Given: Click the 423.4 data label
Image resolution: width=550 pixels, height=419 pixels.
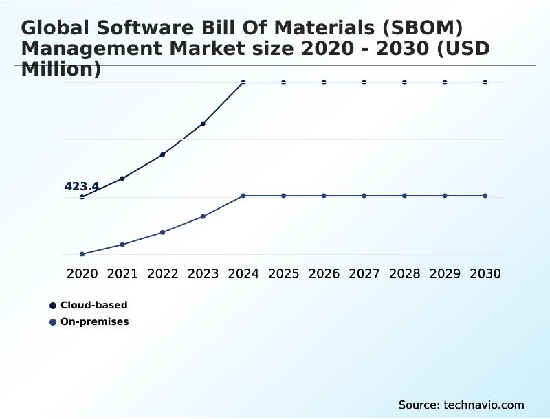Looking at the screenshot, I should click(82, 186).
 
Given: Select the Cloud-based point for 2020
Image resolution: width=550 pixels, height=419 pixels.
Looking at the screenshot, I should click(82, 197).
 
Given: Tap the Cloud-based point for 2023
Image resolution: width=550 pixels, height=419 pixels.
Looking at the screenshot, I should click(203, 124).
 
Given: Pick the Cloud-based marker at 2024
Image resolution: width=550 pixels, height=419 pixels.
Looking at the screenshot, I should click(243, 82).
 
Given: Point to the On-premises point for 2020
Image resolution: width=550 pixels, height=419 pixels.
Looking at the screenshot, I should click(82, 254).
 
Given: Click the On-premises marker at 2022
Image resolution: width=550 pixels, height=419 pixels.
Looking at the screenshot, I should click(163, 232).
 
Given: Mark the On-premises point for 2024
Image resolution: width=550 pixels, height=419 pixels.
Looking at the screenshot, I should click(243, 196).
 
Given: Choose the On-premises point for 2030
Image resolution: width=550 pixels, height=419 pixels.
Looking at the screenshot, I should click(485, 196).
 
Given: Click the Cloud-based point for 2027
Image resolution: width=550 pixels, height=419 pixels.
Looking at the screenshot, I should click(364, 82).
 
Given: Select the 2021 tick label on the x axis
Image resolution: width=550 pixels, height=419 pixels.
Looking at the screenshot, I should click(122, 273).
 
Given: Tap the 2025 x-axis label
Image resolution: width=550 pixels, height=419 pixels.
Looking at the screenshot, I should click(283, 273).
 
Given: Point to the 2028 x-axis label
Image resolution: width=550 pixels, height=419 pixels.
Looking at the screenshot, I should click(404, 273).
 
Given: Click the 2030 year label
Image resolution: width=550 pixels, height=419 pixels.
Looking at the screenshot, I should click(485, 273).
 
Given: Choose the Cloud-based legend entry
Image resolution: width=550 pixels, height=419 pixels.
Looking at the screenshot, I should click(93, 305).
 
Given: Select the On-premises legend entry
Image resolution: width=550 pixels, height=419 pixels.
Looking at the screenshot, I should click(94, 321).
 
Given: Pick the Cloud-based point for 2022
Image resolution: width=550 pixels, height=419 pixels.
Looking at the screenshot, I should click(163, 155).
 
